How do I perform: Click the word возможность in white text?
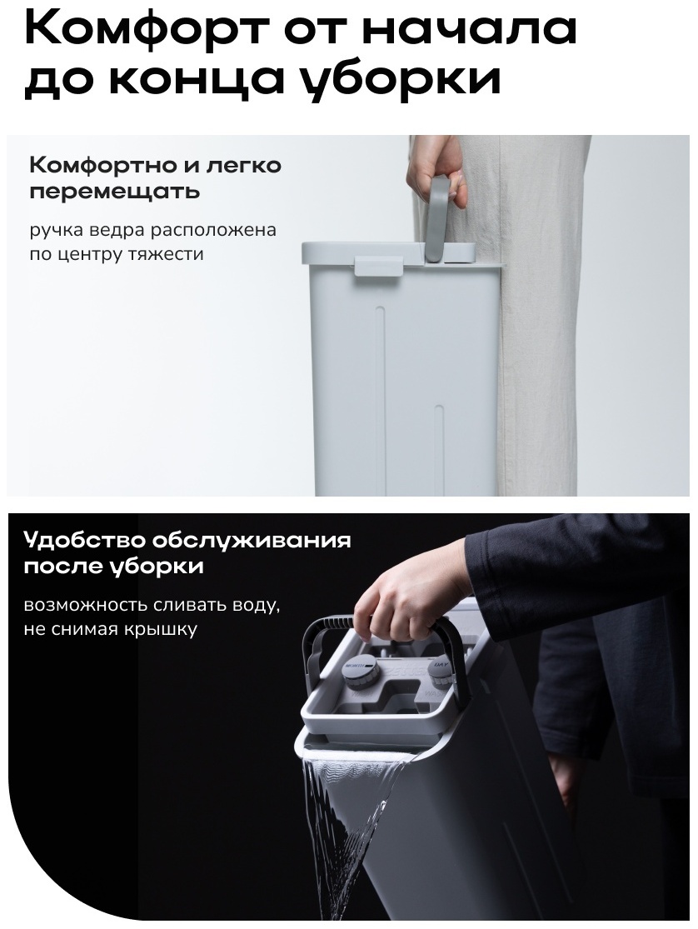coord(84,606)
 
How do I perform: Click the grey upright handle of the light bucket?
coord(441,219)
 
